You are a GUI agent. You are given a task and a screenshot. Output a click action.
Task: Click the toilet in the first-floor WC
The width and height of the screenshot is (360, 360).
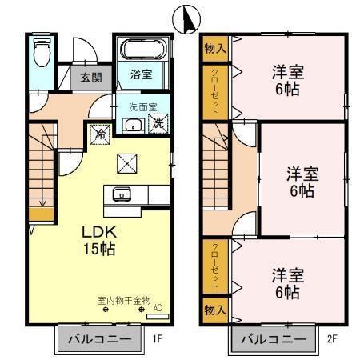43,55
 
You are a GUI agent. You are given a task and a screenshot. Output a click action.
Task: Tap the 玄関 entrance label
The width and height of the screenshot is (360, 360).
90,78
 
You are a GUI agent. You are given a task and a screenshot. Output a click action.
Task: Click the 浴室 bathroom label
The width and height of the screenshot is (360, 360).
142,76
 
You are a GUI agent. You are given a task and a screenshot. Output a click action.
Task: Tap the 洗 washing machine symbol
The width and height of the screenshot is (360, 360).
158,124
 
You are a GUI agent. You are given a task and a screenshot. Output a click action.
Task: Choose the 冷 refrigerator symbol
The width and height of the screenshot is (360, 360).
99,134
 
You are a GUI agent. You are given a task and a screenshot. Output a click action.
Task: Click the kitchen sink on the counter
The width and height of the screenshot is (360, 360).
122,194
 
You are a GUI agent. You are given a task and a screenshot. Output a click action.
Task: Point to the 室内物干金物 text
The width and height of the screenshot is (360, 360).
123,301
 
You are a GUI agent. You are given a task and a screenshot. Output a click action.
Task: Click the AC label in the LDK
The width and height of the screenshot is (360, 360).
157,307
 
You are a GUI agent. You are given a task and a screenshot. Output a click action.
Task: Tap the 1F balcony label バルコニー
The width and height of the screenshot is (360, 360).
98,339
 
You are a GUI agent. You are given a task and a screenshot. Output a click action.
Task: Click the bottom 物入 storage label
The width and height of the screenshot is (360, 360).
215,309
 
